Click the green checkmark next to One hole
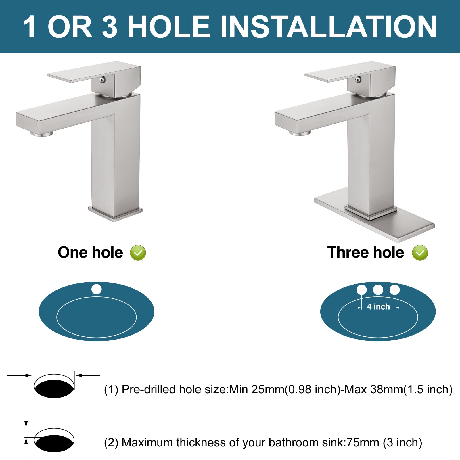[x=138, y=253]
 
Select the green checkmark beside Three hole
[x=420, y=253]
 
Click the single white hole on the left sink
[x=97, y=289]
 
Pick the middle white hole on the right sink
[x=378, y=290]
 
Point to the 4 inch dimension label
[x=378, y=307]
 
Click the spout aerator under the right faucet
[x=300, y=133]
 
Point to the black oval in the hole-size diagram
[x=54, y=389]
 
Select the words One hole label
[x=90, y=252]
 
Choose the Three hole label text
[x=365, y=252]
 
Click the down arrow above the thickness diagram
[x=26, y=420]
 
